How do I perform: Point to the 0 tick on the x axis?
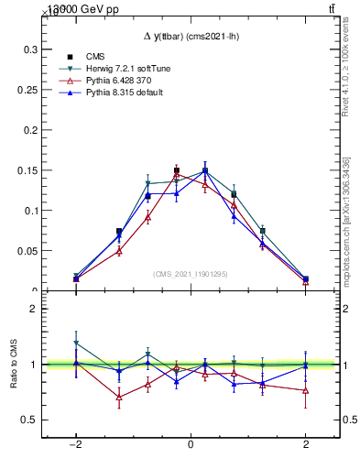pyautogui.click(x=191, y=444)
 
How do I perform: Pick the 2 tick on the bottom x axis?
pyautogui.click(x=306, y=444)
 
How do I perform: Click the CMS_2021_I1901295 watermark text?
pyautogui.click(x=190, y=274)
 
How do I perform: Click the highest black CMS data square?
pyautogui.click(x=177, y=170)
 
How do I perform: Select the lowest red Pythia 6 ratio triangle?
pyautogui.click(x=119, y=397)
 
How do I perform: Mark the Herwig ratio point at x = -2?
pyautogui.click(x=76, y=343)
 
